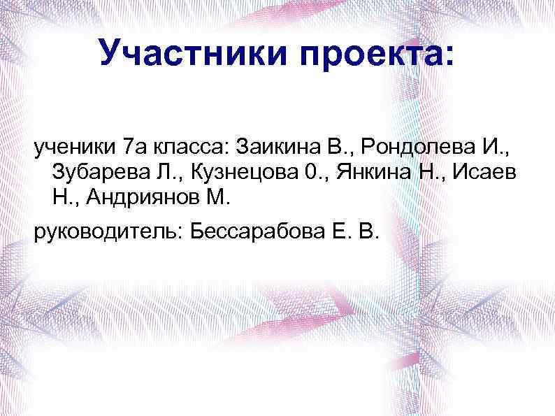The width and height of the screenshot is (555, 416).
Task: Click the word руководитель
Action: point(106,231)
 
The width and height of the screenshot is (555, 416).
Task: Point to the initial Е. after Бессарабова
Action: point(335,231)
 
